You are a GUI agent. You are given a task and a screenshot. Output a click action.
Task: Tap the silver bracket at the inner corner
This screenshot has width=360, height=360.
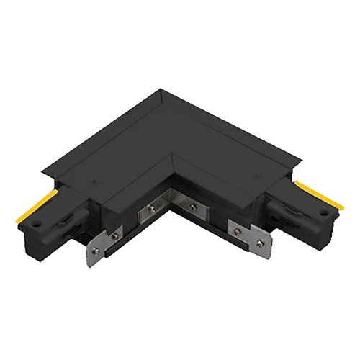click(x=171, y=208)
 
